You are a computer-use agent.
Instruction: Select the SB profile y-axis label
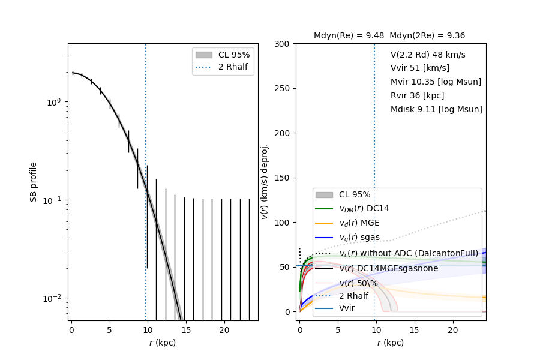coord(34,182)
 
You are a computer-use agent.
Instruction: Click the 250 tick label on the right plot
coord(283,88)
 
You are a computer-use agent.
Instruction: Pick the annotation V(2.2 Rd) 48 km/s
coord(428,55)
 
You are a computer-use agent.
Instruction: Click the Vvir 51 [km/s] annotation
coord(419,68)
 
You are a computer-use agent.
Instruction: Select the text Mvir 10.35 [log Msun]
coord(436,82)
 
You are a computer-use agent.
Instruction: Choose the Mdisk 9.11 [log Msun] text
coord(436,109)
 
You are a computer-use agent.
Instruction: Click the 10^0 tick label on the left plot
coord(53,102)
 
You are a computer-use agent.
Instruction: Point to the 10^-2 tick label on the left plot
coord(52,298)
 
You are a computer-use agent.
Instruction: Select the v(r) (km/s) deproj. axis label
coord(265,181)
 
